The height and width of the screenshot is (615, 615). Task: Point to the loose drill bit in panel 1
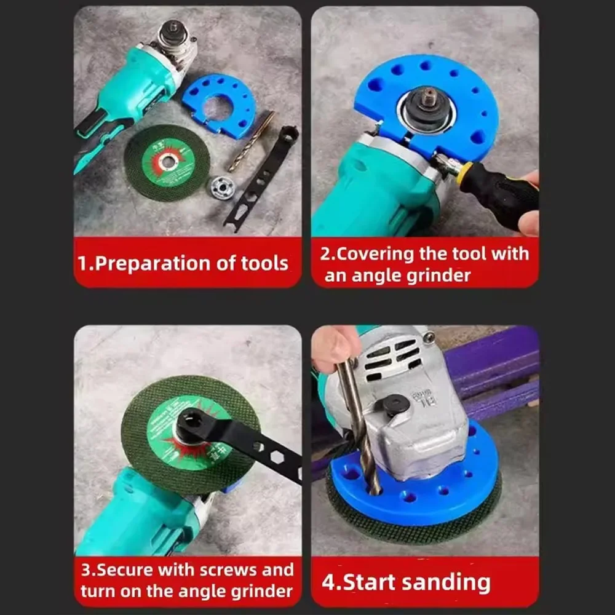(251, 141)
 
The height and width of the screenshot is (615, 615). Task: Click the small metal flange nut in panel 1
(222, 187)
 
